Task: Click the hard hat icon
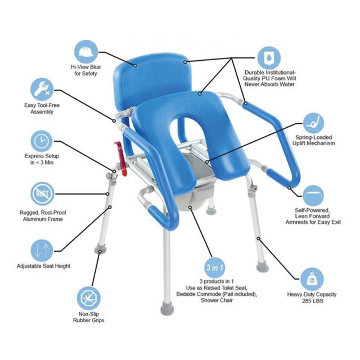(86, 52)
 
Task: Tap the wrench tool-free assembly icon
(42, 89)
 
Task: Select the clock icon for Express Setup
(42, 141)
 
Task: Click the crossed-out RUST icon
(42, 193)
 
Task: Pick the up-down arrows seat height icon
(42, 250)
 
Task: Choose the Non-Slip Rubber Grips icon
(89, 298)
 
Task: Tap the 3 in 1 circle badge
(215, 268)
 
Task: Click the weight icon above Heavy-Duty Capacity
(312, 279)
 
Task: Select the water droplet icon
(269, 58)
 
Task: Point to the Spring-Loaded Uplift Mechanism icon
(314, 123)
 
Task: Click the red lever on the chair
(121, 159)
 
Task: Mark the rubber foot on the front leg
(168, 308)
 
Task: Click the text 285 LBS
(313, 301)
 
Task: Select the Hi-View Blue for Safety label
(86, 70)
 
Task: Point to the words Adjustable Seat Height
(43, 266)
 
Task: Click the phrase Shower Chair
(217, 300)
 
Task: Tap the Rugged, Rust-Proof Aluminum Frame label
(43, 216)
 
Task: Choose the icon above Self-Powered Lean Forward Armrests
(313, 196)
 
